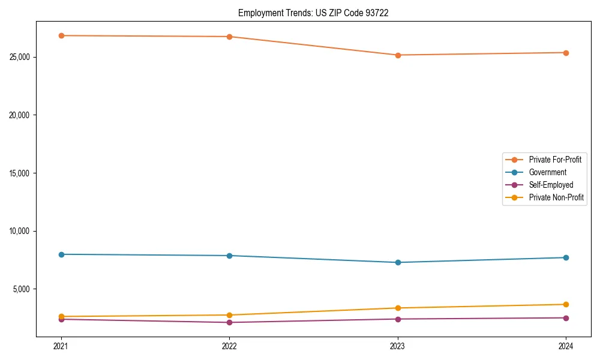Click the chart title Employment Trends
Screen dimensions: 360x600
point(313,13)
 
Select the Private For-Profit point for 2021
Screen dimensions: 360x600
point(61,35)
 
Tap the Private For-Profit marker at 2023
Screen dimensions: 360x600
point(398,55)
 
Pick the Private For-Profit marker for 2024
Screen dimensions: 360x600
point(566,53)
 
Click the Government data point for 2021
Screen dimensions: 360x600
point(61,254)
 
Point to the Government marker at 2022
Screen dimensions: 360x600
point(229,256)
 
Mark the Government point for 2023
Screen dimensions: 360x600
point(398,262)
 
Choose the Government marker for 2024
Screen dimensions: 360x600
point(566,257)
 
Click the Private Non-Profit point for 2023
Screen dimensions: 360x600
point(398,308)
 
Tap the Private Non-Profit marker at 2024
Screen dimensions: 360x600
point(566,304)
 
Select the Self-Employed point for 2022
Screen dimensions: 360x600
point(229,322)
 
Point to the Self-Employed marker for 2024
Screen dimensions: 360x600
point(566,318)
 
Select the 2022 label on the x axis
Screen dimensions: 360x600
point(229,346)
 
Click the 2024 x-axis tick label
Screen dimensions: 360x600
point(566,346)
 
